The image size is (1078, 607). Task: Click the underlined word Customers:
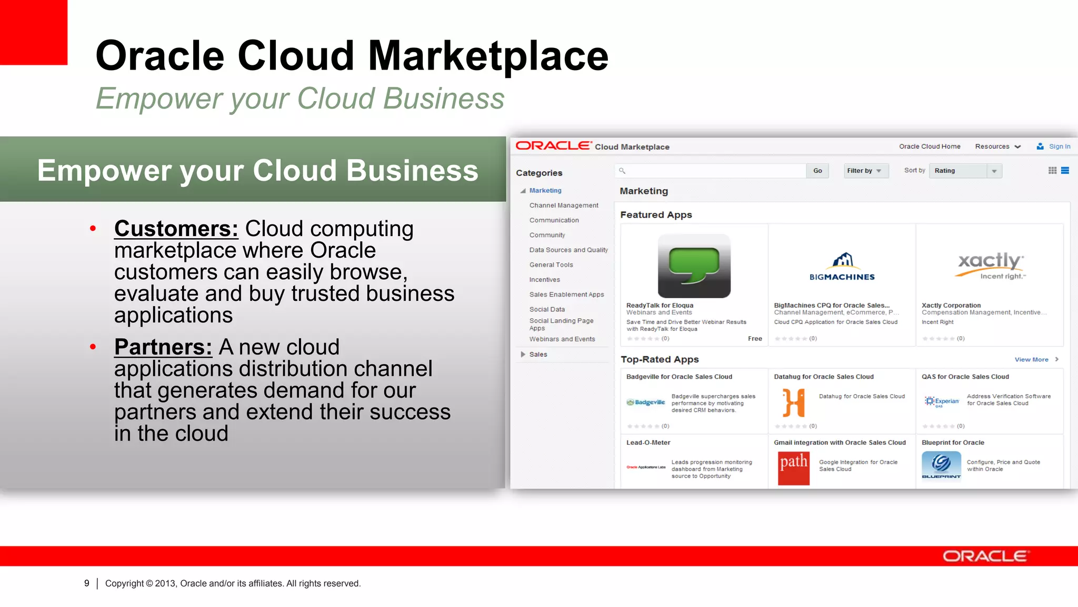(x=176, y=229)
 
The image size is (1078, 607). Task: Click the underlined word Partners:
(x=163, y=347)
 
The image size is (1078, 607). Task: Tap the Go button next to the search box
(x=817, y=171)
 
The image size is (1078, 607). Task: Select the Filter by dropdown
(x=865, y=171)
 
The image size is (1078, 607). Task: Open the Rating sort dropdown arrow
(x=994, y=171)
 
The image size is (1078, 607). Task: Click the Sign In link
(x=1059, y=146)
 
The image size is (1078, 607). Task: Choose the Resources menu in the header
(x=997, y=146)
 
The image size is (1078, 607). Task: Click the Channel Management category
(x=563, y=205)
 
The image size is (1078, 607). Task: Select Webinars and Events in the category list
(x=562, y=339)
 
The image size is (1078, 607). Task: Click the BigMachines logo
(x=842, y=267)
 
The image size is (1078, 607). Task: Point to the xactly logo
(x=990, y=265)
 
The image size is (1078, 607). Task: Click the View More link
(x=1032, y=359)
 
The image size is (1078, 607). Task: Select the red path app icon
(x=793, y=468)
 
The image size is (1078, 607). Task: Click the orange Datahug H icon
(x=793, y=403)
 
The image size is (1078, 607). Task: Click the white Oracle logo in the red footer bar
(x=985, y=556)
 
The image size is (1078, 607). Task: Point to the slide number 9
(x=87, y=583)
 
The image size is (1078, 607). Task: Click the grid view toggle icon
(x=1052, y=171)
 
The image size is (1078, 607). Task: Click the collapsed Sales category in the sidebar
(x=537, y=355)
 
